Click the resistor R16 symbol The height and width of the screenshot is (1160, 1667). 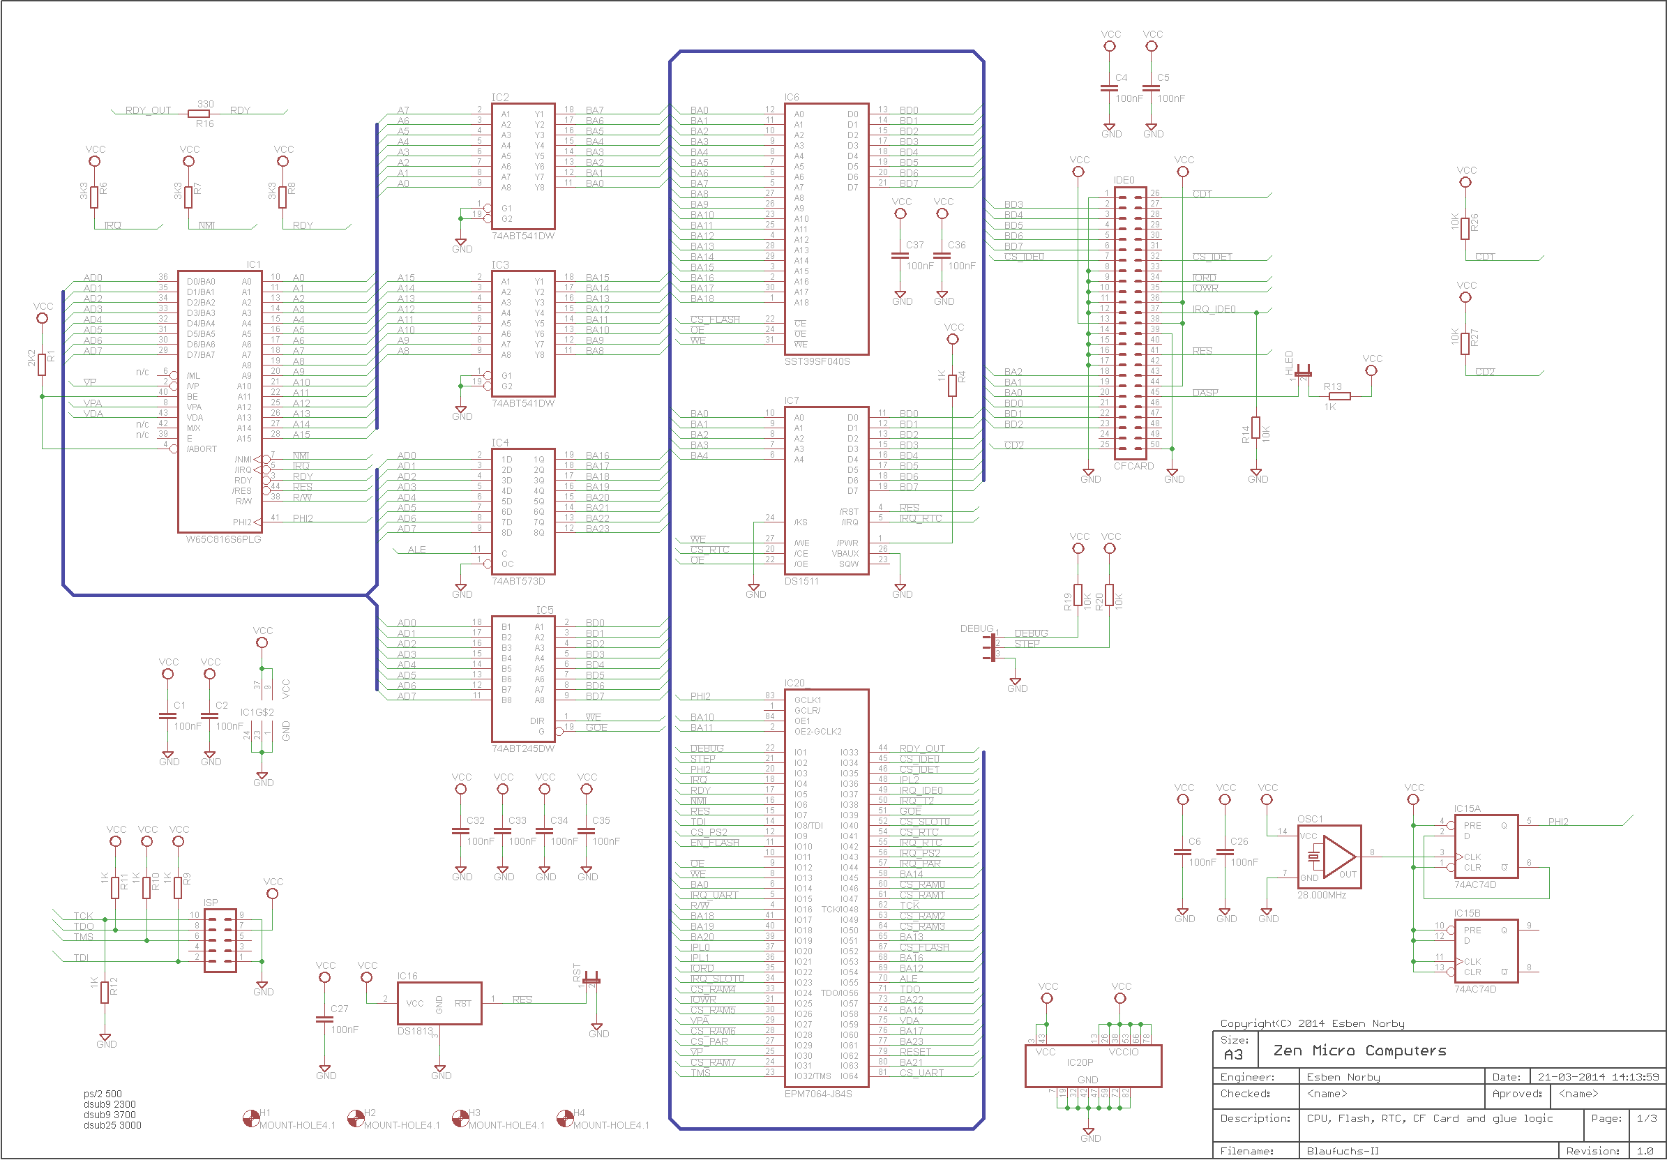[x=198, y=113]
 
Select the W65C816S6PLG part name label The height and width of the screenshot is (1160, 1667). [x=223, y=539]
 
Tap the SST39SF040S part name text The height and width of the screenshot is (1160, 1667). [x=816, y=361]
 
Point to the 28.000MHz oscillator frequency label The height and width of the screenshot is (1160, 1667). [x=1322, y=895]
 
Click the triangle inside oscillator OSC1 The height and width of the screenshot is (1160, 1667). [x=1338, y=857]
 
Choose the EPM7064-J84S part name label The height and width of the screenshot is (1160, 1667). [x=817, y=1093]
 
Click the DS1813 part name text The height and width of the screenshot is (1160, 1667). [x=414, y=1031]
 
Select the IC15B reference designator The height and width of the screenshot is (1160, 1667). [x=1467, y=913]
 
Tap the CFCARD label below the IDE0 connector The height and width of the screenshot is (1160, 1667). [x=1133, y=466]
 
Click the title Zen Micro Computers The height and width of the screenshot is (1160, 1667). [x=1359, y=1050]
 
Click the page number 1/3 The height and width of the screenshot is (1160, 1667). [x=1646, y=1119]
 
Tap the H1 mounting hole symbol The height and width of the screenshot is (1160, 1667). [x=251, y=1119]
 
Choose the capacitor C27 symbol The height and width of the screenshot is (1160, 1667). [x=324, y=1019]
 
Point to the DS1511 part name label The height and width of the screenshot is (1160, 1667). [x=801, y=582]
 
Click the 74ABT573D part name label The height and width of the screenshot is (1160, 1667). [x=518, y=582]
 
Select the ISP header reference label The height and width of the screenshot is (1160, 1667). [x=211, y=903]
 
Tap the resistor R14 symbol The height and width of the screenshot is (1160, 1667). [x=1256, y=428]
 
